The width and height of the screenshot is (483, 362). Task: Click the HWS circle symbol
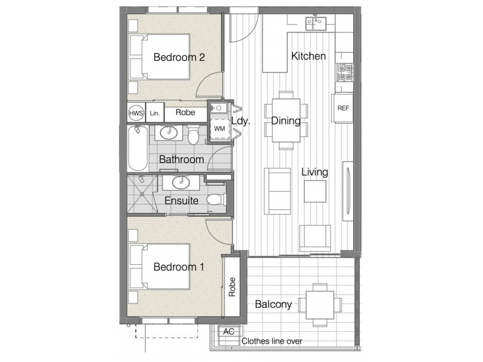pos(136,112)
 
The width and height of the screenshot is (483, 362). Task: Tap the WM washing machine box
pos(219,129)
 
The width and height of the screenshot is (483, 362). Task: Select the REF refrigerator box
pos(343,108)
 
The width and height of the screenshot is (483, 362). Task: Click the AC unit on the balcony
pos(229,332)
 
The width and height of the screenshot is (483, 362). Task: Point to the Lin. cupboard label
pos(155,112)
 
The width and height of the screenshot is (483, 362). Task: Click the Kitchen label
pos(309,56)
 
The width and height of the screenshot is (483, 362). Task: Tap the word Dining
pos(286,121)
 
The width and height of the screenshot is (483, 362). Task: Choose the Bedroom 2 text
pos(179,57)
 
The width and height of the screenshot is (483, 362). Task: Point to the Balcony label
pos(273,305)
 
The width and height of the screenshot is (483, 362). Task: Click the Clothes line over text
pos(272,341)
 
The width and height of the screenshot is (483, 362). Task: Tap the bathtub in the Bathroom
pos(138,148)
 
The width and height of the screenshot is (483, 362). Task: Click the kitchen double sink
pos(316,23)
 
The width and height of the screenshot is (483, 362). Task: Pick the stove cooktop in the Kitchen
pos(344,73)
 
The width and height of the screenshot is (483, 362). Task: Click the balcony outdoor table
pos(320,305)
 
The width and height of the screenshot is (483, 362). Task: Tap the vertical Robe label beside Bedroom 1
pos(231,287)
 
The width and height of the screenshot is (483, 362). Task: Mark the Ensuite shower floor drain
pos(142,194)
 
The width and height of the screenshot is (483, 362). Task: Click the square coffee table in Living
pos(315,192)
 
